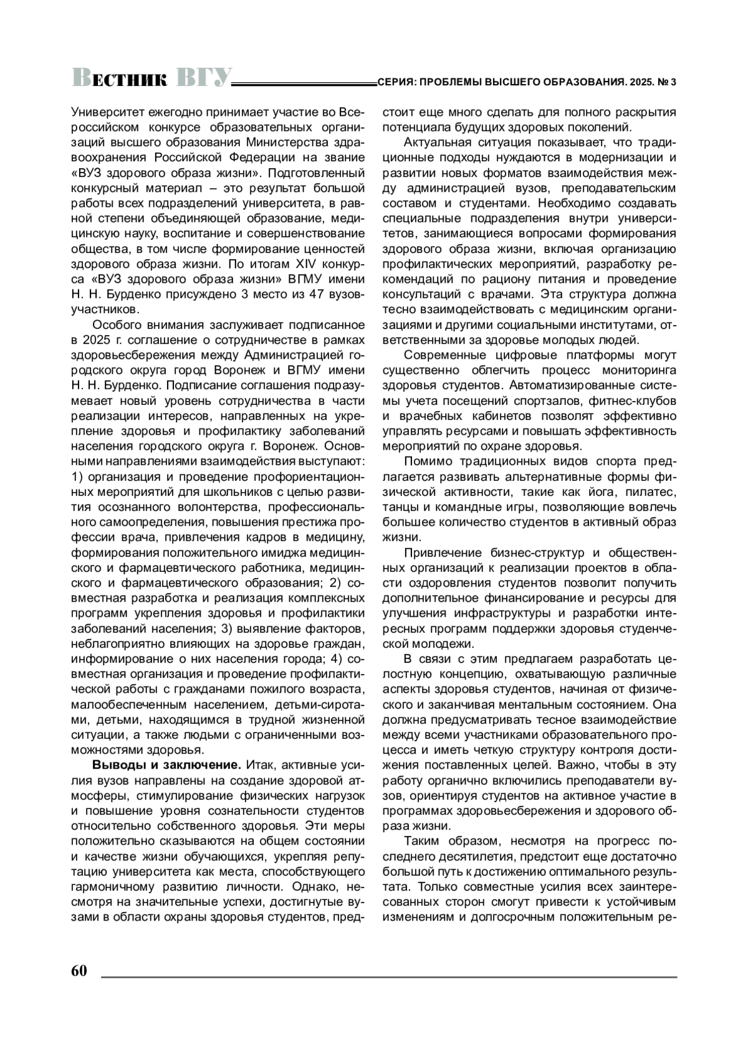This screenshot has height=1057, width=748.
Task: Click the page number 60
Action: [79, 972]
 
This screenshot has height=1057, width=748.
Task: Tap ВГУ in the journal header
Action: [203, 76]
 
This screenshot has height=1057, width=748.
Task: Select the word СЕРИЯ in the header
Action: [395, 82]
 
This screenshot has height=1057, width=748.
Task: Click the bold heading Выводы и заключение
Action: [167, 765]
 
